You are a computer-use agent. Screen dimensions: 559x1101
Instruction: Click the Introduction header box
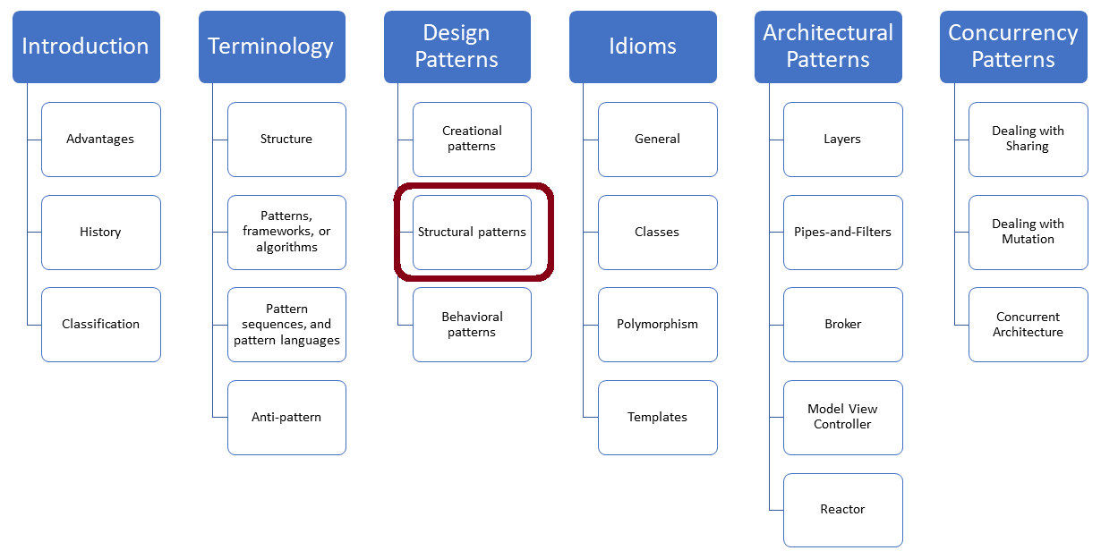point(86,47)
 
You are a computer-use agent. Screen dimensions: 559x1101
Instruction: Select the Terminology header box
point(271,47)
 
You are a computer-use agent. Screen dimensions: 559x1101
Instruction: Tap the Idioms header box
point(643,47)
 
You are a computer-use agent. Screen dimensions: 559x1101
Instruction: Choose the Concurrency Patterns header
point(1013,47)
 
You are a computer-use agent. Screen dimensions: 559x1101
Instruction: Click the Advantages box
point(100,140)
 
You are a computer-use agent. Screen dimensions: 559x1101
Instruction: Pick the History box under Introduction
point(100,233)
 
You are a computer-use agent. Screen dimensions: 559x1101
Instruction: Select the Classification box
point(100,325)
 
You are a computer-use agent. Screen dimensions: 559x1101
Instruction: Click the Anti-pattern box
point(286,418)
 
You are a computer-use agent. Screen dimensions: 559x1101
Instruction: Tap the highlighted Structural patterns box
point(472,233)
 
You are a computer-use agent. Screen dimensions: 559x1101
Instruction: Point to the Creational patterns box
point(472,140)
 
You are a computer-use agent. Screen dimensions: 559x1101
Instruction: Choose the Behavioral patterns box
point(472,325)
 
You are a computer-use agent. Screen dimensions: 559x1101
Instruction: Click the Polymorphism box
point(657,325)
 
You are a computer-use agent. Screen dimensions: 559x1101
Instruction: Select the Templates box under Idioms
point(657,418)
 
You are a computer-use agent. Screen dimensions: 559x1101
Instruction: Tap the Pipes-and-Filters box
point(842,233)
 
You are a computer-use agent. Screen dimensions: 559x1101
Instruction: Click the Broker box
point(842,325)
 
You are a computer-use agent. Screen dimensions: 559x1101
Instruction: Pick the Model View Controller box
point(842,418)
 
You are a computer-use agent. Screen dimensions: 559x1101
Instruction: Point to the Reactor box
point(842,510)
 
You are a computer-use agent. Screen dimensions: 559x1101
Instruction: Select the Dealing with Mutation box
point(1028,233)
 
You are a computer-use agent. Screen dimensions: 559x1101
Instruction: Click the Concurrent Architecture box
point(1028,325)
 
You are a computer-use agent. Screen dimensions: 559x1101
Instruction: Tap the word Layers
point(842,140)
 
